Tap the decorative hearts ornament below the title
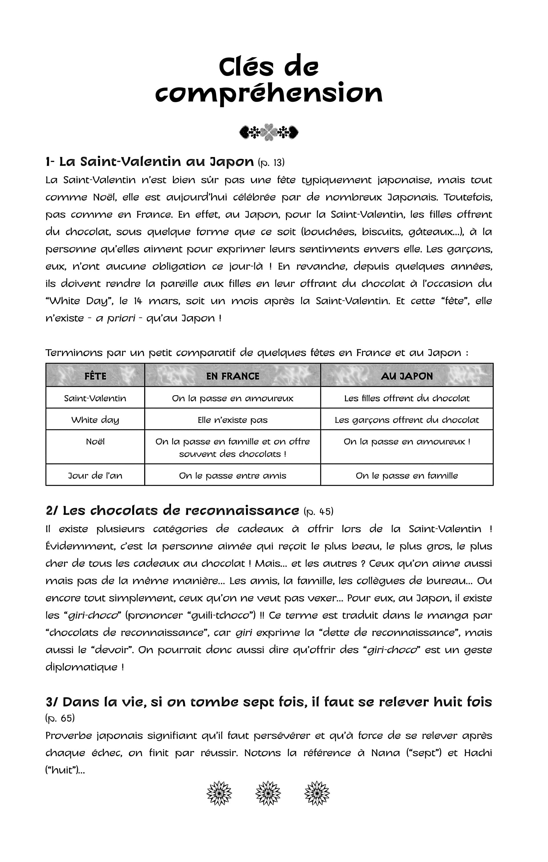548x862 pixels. [269, 132]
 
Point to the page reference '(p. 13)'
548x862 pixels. [271, 163]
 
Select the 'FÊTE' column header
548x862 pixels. [95, 376]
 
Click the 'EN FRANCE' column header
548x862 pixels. [233, 376]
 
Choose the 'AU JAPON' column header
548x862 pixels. [407, 376]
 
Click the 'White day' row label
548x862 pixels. [95, 420]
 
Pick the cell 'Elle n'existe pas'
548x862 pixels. [233, 420]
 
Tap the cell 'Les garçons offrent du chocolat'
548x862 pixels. [407, 420]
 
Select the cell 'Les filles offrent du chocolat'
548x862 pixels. [407, 398]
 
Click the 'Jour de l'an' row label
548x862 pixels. [95, 476]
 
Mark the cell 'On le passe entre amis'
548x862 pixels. [233, 476]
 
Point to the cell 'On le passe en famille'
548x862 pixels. [407, 476]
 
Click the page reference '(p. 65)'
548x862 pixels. [60, 718]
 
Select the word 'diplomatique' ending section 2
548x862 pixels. [81, 667]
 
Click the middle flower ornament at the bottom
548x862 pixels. [268, 793]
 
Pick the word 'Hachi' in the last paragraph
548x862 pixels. [478, 753]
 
